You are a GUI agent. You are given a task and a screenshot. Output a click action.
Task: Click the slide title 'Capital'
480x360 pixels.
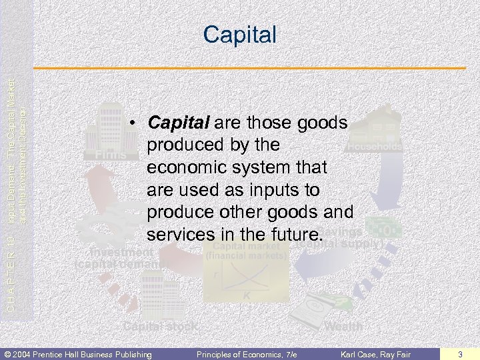click(239, 34)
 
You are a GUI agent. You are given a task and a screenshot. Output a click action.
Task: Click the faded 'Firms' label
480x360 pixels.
click(106, 155)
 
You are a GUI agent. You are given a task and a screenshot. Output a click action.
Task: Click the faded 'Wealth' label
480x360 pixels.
click(343, 326)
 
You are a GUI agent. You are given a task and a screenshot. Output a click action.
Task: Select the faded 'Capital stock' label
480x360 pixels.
click(161, 326)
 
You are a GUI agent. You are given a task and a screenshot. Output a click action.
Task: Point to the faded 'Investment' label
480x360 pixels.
click(122, 253)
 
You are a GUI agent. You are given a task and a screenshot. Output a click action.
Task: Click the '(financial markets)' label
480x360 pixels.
click(246, 255)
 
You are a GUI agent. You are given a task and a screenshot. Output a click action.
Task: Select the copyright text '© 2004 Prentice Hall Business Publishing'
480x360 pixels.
click(79, 353)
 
